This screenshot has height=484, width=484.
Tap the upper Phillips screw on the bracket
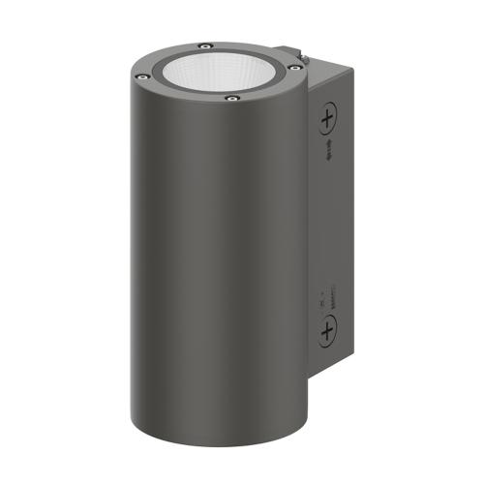328,120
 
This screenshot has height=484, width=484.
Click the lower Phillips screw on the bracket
327,333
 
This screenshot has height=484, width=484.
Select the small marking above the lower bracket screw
326,295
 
